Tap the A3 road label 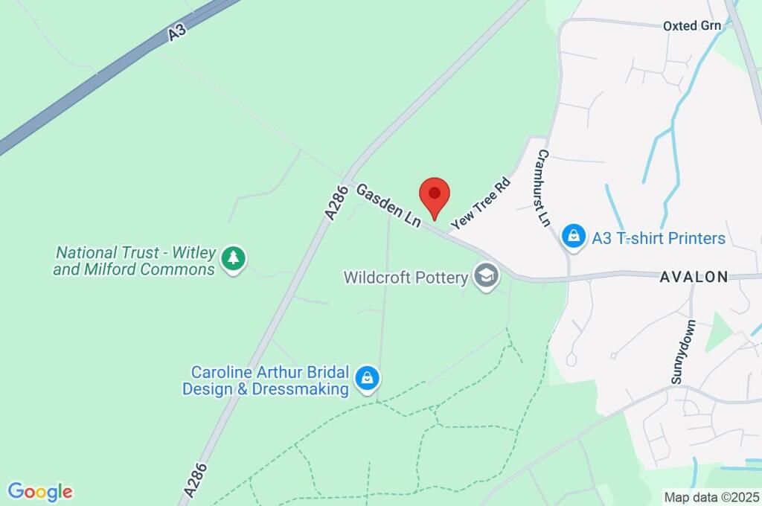176,32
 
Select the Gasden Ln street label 388,205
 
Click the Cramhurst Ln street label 543,188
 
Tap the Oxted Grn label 692,26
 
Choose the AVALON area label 694,277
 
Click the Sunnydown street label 682,352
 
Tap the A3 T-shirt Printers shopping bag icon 573,237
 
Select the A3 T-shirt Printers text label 659,238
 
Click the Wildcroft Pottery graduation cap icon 487,277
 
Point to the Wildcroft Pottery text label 406,278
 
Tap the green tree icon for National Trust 234,258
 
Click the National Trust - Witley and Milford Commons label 134,261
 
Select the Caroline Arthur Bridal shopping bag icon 368,379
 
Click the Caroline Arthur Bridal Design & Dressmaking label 266,380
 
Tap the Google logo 40,492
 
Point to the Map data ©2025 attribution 712,497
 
